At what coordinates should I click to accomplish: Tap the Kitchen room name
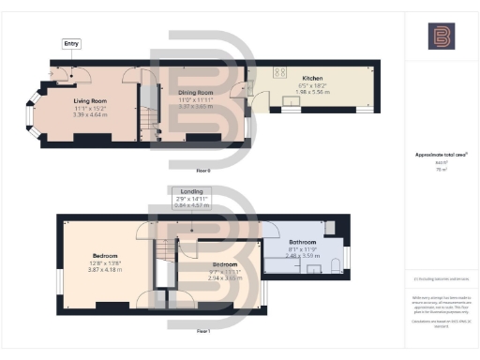click(313, 78)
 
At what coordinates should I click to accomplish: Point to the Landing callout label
click(192, 191)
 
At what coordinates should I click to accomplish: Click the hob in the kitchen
click(279, 72)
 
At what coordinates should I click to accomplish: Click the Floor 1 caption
click(203, 331)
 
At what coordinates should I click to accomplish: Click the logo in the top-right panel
click(440, 37)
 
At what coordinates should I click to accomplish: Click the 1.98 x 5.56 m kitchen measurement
click(313, 92)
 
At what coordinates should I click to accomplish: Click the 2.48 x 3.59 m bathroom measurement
click(302, 256)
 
